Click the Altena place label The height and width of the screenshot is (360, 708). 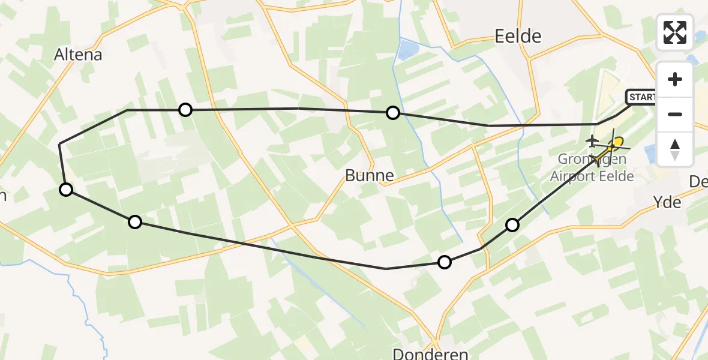(78, 55)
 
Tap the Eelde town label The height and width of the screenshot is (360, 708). (518, 37)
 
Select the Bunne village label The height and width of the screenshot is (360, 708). (370, 175)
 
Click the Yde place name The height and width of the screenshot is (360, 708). (668, 202)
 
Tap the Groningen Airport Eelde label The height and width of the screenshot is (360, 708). (592, 168)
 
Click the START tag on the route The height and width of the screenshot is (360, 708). (641, 97)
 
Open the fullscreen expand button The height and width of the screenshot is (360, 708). (675, 32)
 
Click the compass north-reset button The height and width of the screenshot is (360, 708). (675, 148)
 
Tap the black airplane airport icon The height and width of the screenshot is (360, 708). (592, 142)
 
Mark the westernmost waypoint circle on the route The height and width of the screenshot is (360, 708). (66, 190)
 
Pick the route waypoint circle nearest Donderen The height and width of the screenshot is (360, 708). (444, 262)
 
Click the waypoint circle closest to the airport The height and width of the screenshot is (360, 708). (512, 225)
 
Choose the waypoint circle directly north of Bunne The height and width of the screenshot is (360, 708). (392, 112)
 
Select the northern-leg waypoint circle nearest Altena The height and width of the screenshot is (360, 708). (185, 109)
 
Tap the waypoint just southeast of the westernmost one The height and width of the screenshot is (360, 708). (135, 222)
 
